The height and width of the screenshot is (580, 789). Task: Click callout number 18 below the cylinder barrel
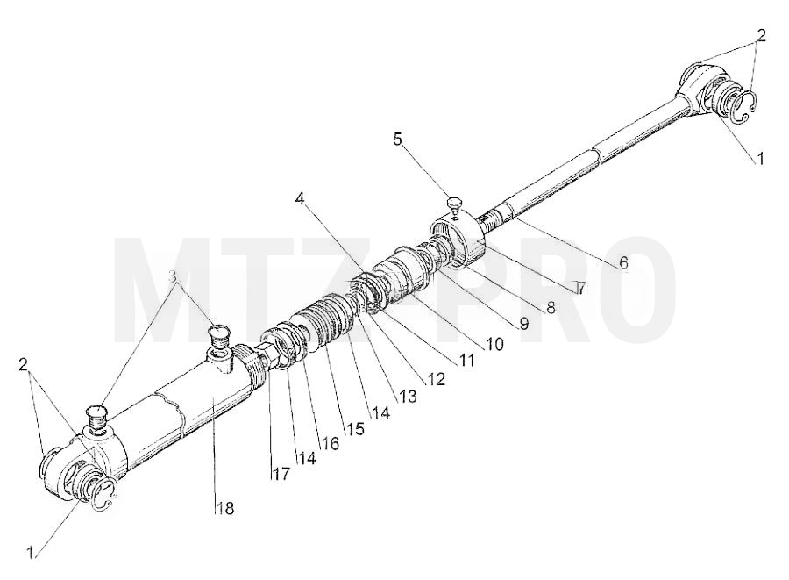click(x=225, y=509)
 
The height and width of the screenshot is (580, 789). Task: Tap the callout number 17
click(x=281, y=474)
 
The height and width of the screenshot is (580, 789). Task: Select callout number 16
click(x=331, y=443)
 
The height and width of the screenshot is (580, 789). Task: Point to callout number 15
click(x=354, y=428)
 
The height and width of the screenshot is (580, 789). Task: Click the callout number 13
click(x=408, y=397)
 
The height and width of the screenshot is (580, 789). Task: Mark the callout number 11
click(x=466, y=360)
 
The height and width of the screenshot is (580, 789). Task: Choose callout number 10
click(x=494, y=344)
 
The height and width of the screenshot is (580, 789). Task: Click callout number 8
click(x=551, y=308)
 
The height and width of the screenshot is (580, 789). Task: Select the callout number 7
click(x=580, y=288)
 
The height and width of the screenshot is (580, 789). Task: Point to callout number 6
click(x=623, y=262)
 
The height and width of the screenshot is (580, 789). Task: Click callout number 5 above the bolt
click(x=398, y=139)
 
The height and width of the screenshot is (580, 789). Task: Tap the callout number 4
click(x=300, y=199)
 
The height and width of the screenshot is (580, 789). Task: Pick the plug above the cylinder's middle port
click(x=218, y=336)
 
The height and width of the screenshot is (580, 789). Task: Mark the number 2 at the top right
click(x=761, y=35)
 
